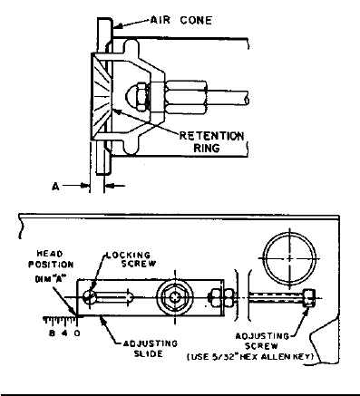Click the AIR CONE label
(x=181, y=20)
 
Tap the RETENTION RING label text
(x=211, y=141)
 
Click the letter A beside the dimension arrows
(x=55, y=187)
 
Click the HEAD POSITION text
(x=51, y=259)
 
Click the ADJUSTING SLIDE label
(x=151, y=348)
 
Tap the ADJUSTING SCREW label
(x=262, y=341)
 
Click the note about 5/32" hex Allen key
(x=250, y=357)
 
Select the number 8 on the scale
(x=52, y=333)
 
